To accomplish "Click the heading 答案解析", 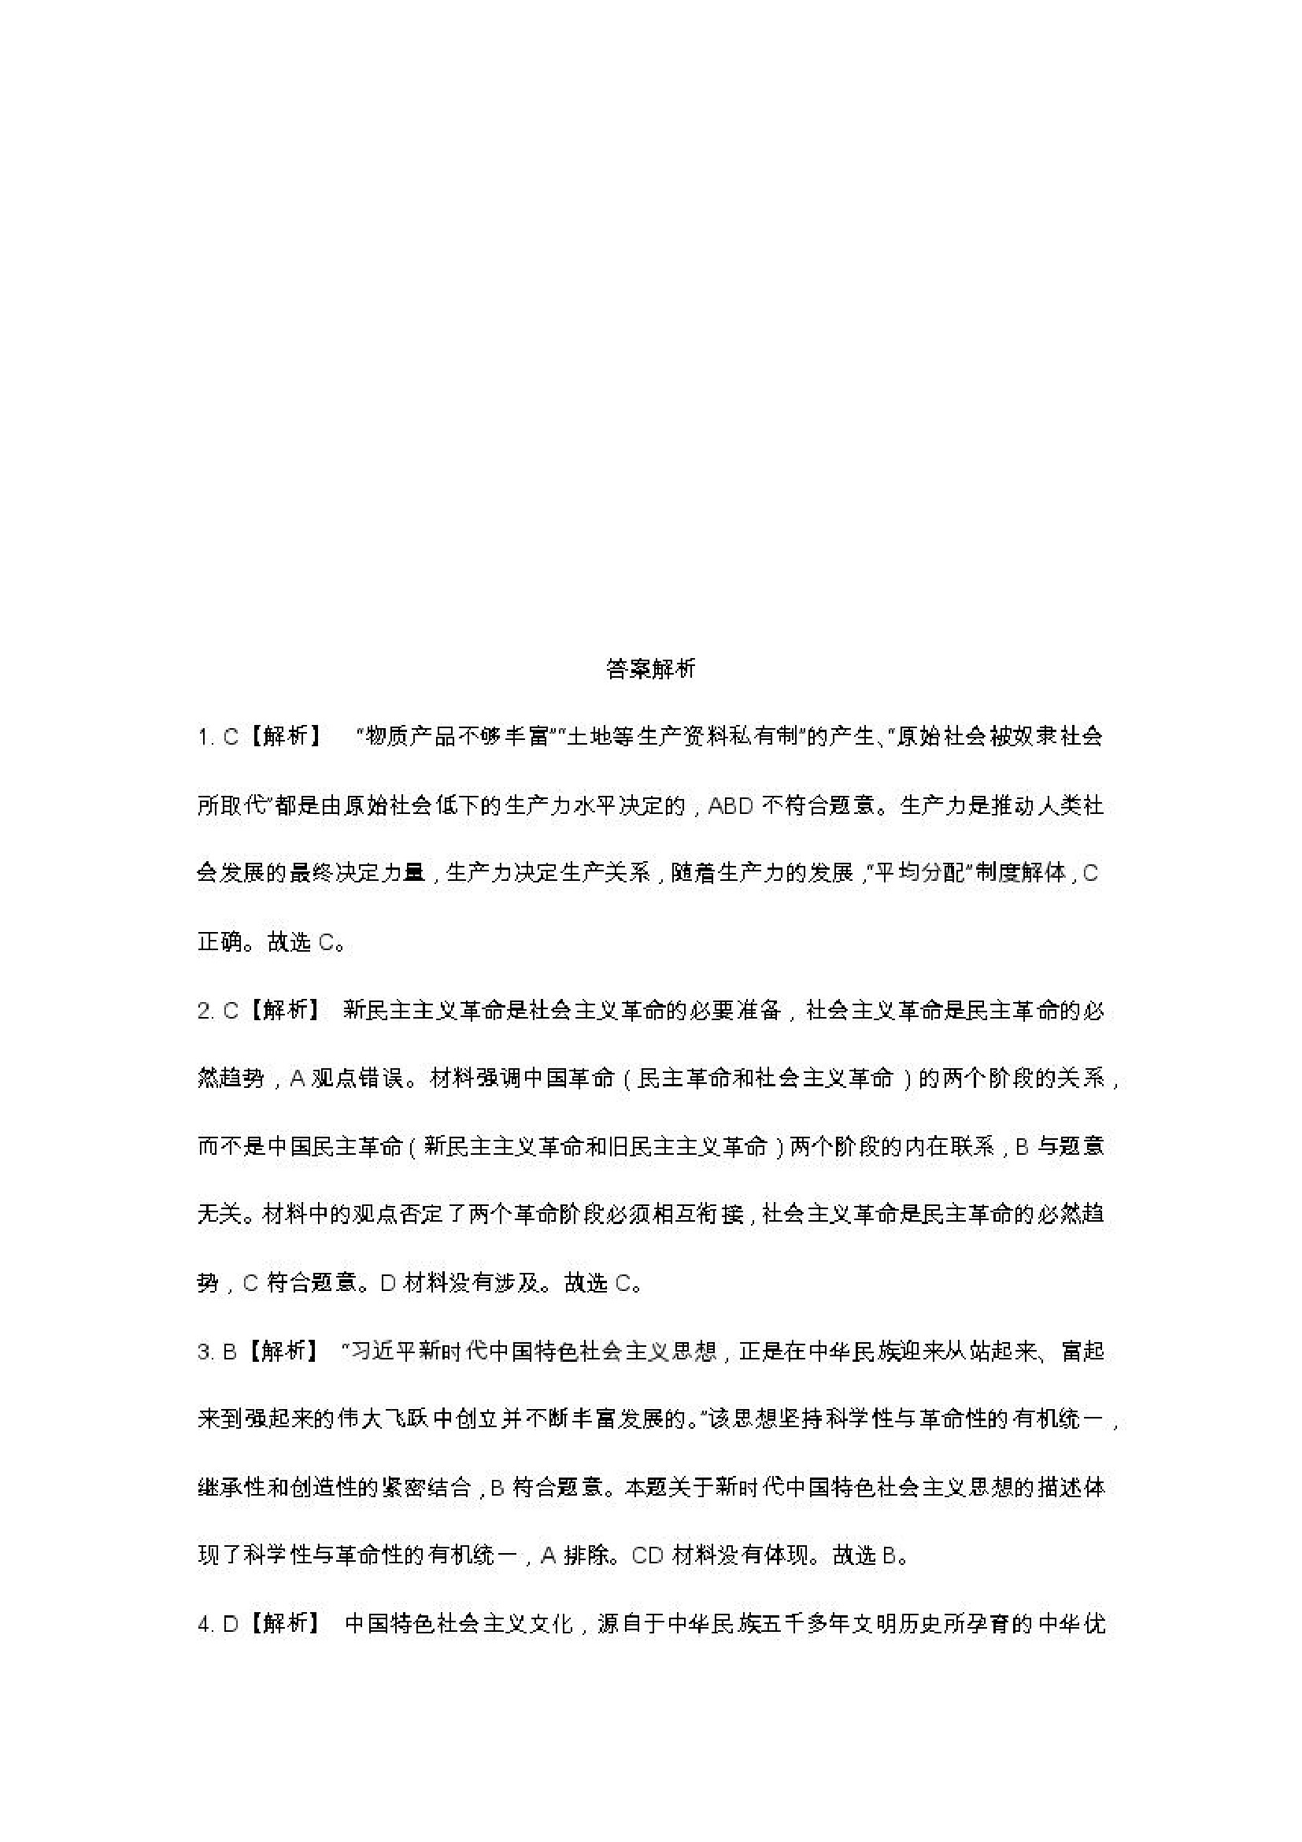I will (650, 668).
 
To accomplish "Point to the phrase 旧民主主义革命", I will (687, 1146).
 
